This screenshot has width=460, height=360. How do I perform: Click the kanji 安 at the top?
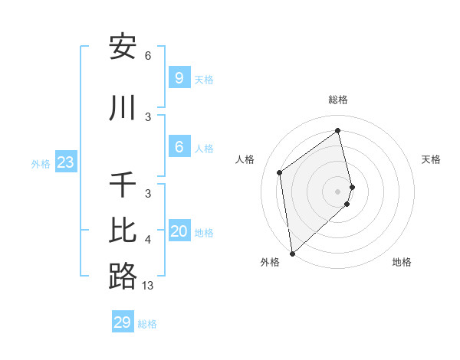click(x=123, y=47)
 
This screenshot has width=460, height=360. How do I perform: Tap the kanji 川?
click(x=123, y=108)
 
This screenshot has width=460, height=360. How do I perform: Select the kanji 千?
click(x=123, y=185)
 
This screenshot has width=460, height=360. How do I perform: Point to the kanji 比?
click(x=123, y=231)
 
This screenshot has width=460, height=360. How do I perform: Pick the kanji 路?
click(x=123, y=277)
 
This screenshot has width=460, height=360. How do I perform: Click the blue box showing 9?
click(x=179, y=77)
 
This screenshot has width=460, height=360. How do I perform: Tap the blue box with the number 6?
click(x=179, y=147)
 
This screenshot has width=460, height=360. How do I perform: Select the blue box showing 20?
click(x=179, y=231)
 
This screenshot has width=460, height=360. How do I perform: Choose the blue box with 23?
click(x=65, y=162)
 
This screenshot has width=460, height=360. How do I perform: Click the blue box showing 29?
click(x=123, y=322)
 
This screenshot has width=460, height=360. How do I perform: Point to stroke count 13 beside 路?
click(x=148, y=286)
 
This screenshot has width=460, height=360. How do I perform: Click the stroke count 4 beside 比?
click(x=148, y=240)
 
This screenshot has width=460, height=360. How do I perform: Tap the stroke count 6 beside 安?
click(x=148, y=56)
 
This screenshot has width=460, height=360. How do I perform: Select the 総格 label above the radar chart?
click(x=338, y=100)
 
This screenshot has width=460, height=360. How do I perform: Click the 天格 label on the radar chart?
click(x=432, y=159)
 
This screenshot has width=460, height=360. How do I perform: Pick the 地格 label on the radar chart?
click(x=402, y=262)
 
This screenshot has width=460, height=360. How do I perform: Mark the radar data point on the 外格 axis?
click(x=291, y=253)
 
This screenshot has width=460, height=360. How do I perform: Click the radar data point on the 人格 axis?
click(x=280, y=172)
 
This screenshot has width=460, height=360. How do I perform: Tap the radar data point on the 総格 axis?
click(x=338, y=130)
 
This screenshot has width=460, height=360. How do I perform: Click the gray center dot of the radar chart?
click(x=338, y=191)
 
